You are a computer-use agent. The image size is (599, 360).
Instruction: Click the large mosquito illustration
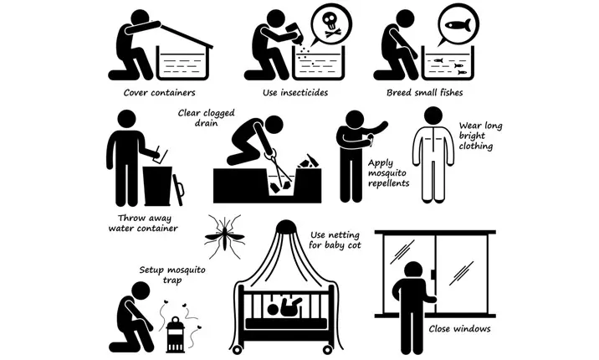pyautogui.click(x=224, y=236)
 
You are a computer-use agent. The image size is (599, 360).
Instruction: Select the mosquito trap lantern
pyautogui.click(x=176, y=335)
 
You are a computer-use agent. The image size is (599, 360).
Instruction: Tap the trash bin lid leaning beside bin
pyautogui.click(x=178, y=190)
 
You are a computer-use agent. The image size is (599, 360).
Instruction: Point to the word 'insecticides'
pyautogui.click(x=304, y=92)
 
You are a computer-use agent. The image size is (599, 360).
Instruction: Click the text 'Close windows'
pyautogui.click(x=459, y=329)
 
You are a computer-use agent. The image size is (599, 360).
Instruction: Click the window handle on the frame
pyautogui.click(x=433, y=275)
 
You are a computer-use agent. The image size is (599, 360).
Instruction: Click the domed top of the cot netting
pyautogui.click(x=286, y=228)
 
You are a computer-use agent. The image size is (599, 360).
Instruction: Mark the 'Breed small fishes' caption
pyautogui.click(x=424, y=92)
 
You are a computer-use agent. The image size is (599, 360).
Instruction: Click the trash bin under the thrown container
pyautogui.click(x=157, y=186)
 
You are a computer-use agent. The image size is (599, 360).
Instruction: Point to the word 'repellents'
pyautogui.click(x=389, y=183)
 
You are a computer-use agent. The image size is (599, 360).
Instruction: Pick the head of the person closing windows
pyautogui.click(x=412, y=272)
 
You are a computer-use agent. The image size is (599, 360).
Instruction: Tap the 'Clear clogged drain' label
pyautogui.click(x=207, y=118)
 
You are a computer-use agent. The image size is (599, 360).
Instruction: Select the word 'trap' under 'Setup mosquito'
pyautogui.click(x=172, y=280)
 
